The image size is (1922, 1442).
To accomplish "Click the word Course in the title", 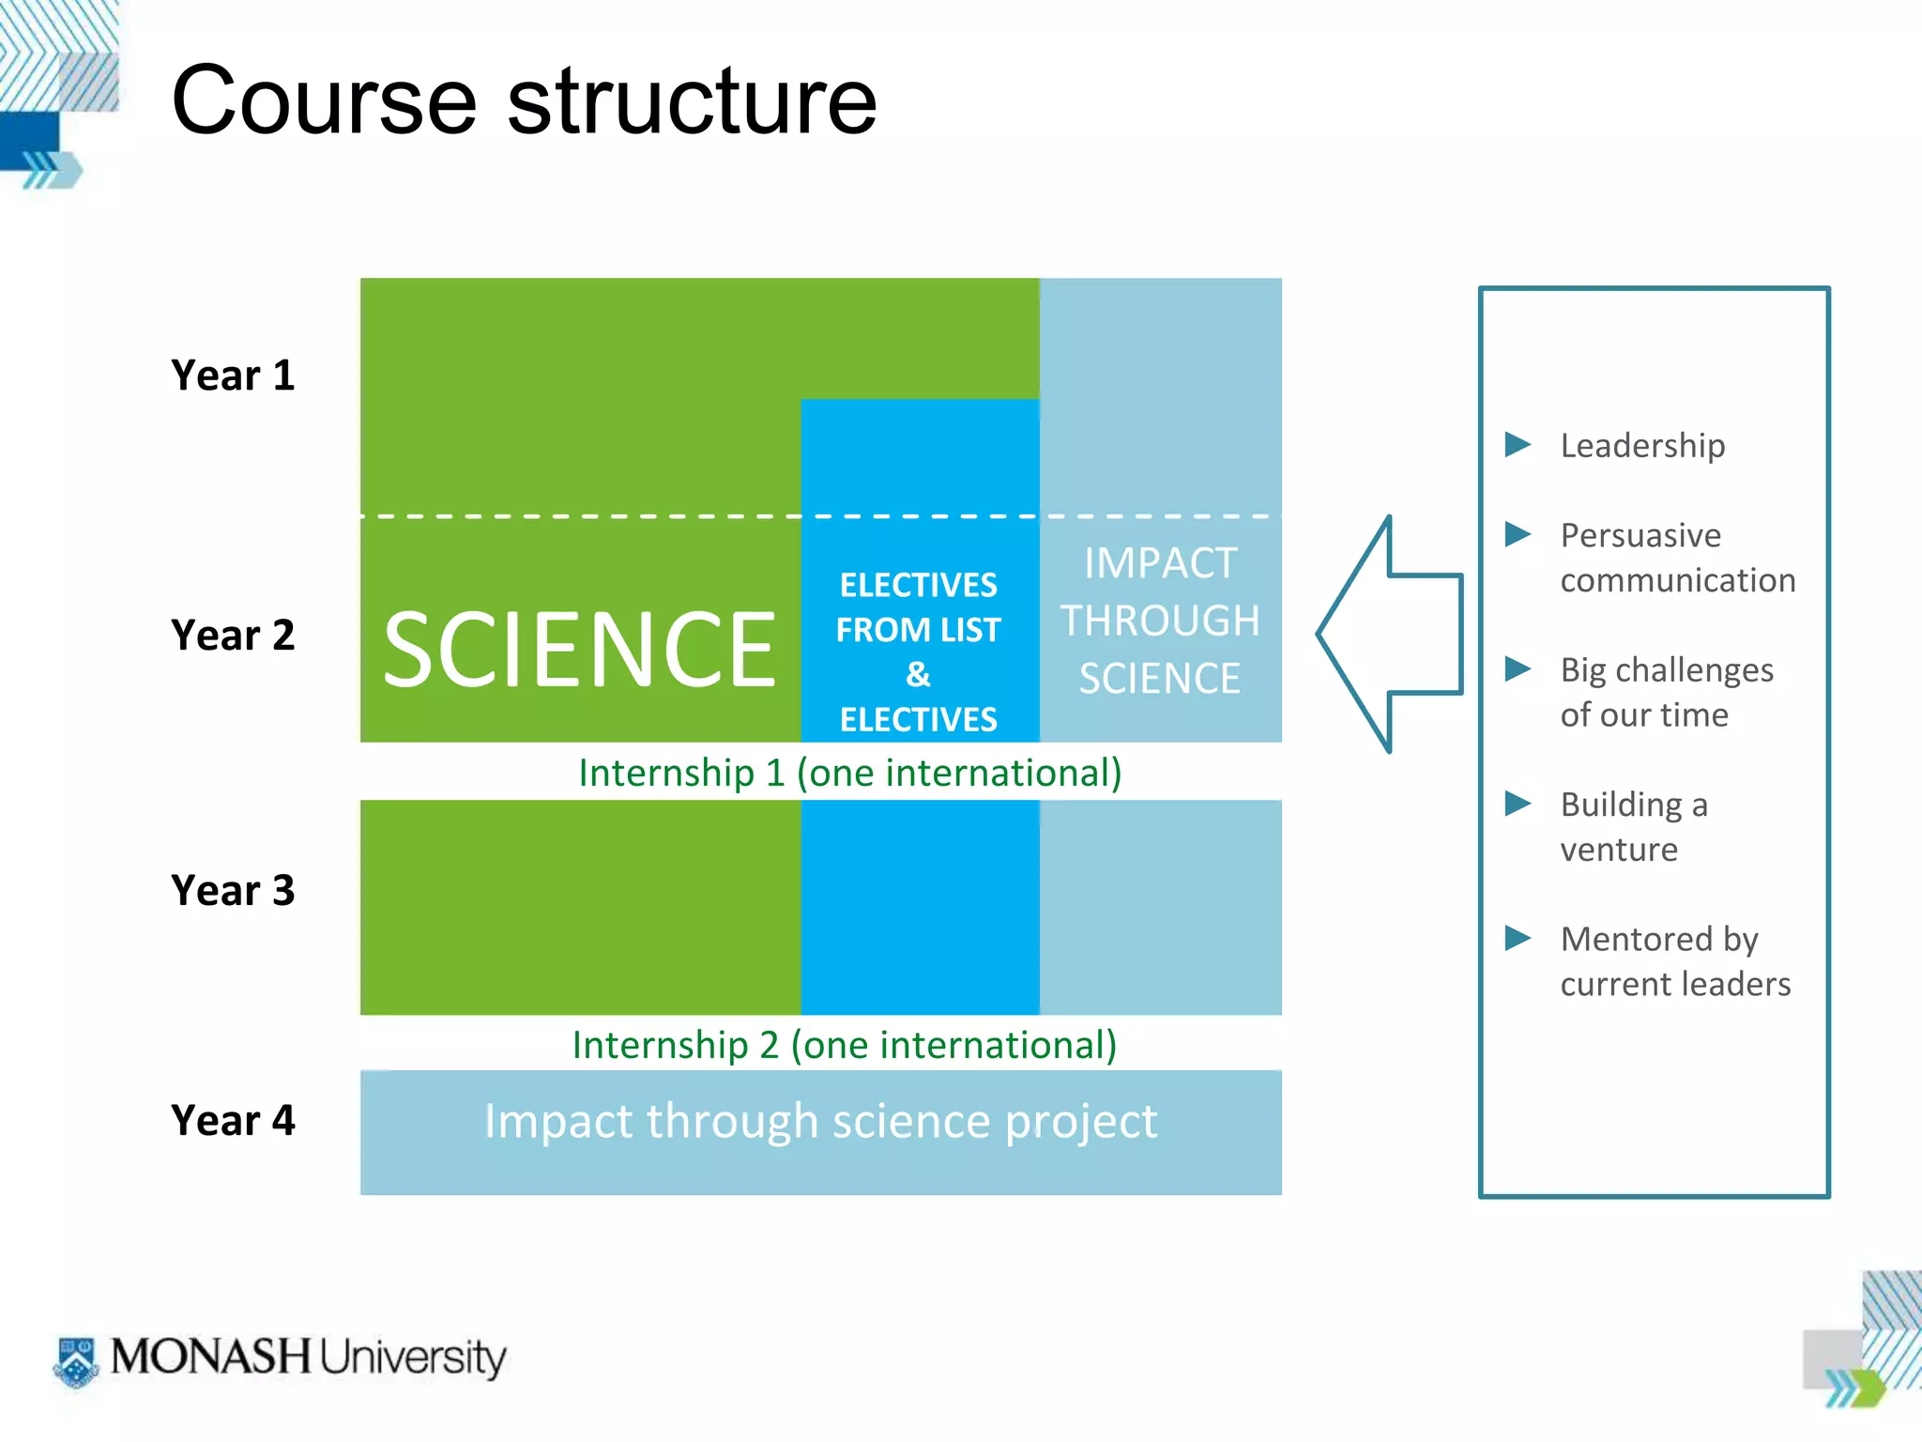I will tap(325, 101).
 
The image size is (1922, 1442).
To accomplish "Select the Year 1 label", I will tap(233, 376).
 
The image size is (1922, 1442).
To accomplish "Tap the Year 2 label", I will tap(233, 636).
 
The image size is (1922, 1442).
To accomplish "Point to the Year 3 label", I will tap(233, 890).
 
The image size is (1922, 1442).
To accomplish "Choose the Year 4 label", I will tap(233, 1120).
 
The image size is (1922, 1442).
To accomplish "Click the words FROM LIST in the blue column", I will tap(918, 630).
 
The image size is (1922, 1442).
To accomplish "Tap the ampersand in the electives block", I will tap(918, 674).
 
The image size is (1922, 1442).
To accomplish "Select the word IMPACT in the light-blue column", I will tap(1160, 563).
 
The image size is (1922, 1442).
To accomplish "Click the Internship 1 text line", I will tap(849, 773).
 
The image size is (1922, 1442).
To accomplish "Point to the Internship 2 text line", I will tap(845, 1045).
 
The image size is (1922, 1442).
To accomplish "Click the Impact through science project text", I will tap(820, 1121).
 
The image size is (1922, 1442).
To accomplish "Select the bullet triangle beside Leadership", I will tap(1517, 444).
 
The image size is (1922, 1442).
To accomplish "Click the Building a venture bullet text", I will tap(1633, 826).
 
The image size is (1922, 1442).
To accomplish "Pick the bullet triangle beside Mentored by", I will tap(1517, 938).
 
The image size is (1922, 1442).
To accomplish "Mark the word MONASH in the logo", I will tap(210, 1357).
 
